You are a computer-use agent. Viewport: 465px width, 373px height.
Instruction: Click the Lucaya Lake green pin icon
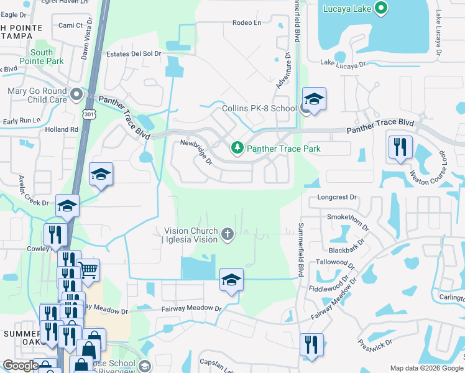382,9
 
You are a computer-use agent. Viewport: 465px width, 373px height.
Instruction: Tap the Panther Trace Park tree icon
237,148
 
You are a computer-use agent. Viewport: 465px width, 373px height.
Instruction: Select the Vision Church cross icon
228,234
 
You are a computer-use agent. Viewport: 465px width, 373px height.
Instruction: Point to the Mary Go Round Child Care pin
76,95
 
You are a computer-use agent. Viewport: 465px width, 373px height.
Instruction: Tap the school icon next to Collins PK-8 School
314,99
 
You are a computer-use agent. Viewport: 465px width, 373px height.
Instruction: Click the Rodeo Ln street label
247,23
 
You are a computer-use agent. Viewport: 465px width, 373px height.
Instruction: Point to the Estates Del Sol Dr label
134,53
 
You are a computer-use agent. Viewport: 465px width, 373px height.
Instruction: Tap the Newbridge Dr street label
196,152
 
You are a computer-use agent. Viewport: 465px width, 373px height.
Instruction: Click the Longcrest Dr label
338,197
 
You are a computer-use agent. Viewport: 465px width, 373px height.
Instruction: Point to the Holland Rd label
62,129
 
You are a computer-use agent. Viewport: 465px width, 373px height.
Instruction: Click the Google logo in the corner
20,366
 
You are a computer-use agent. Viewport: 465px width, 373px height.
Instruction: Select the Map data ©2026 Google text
426,368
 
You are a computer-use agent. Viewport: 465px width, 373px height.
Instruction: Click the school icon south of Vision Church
231,280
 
